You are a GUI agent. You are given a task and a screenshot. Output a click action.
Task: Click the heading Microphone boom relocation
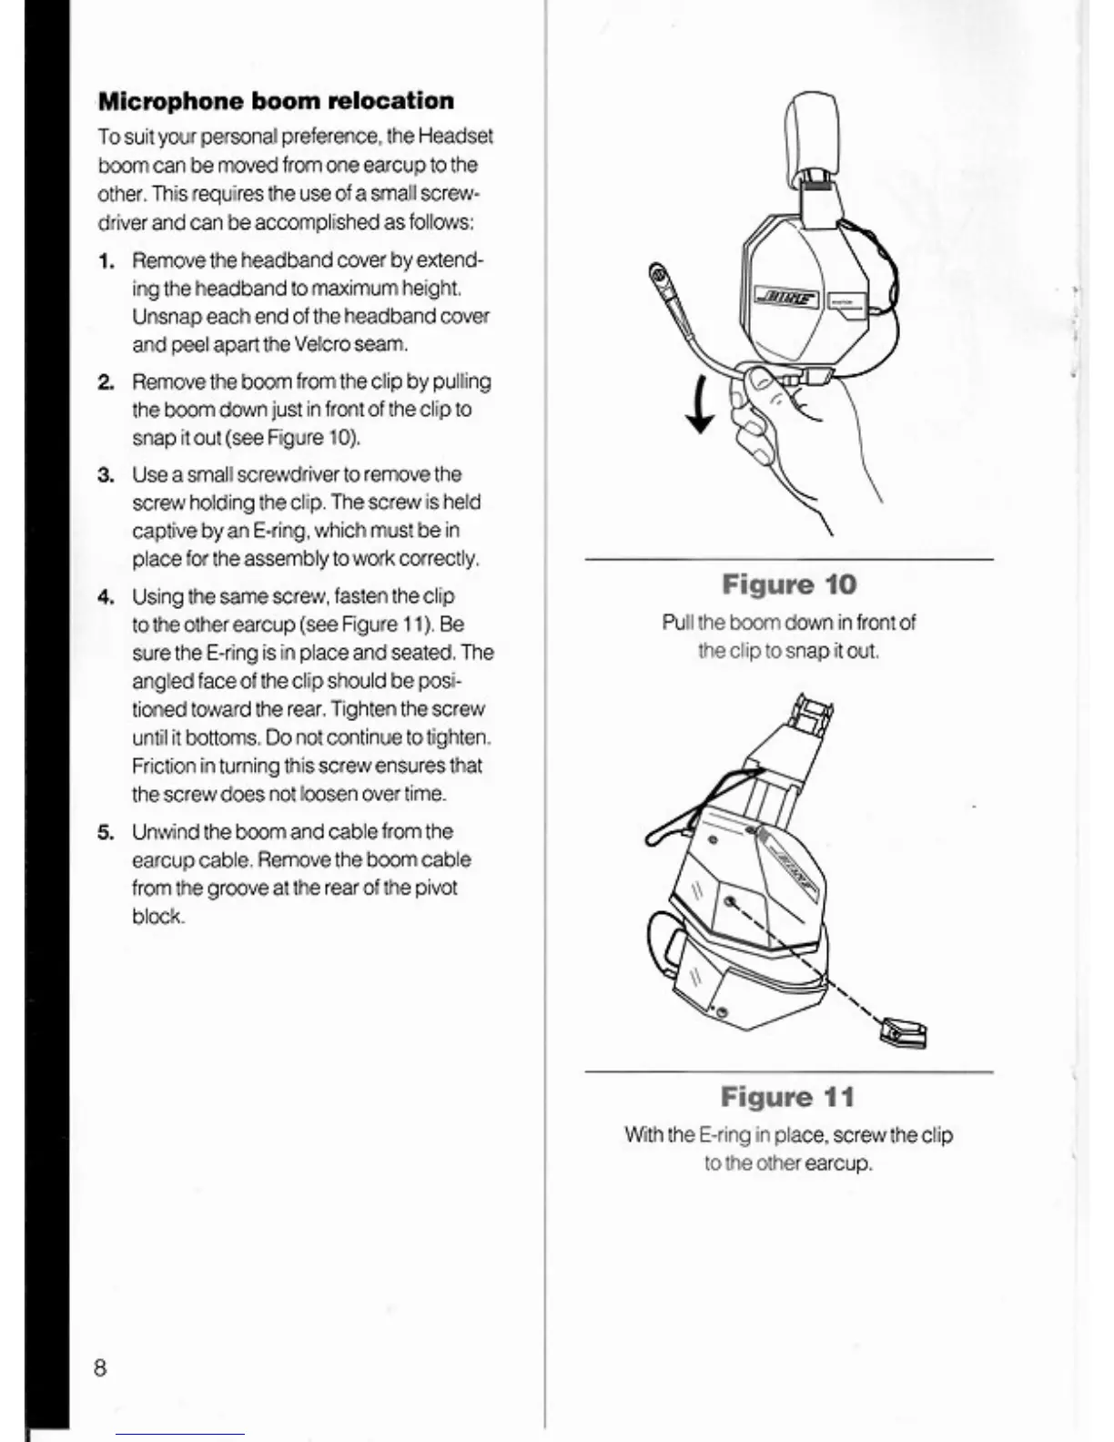pos(276,101)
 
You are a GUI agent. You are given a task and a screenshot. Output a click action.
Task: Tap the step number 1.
pos(106,261)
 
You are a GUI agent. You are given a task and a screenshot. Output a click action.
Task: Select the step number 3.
pos(106,475)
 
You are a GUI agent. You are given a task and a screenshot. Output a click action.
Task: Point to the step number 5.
pos(106,832)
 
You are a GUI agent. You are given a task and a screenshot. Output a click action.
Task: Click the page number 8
pos(100,1367)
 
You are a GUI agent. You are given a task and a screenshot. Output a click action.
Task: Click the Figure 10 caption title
pos(789,584)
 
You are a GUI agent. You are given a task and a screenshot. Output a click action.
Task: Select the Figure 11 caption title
pos(788,1097)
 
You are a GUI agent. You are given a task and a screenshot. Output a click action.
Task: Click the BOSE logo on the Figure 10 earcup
pos(788,299)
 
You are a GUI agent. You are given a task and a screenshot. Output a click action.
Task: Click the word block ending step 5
pos(157,917)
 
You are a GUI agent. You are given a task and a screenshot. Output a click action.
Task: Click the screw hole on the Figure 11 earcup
pos(730,903)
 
